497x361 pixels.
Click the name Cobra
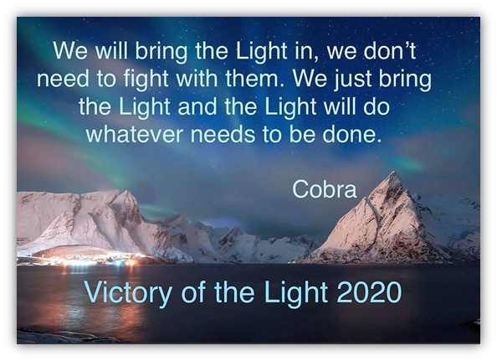coord(325,189)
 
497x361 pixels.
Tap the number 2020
coord(369,292)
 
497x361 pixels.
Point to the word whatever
coord(135,134)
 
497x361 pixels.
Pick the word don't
coord(390,50)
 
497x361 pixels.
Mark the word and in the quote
coord(197,106)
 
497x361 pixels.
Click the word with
coord(197,78)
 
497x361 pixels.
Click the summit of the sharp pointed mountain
coord(393,172)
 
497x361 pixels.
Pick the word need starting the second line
coord(63,79)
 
